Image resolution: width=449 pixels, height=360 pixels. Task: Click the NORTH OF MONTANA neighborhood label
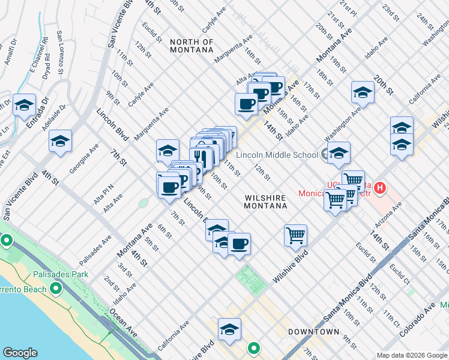[x=191, y=46]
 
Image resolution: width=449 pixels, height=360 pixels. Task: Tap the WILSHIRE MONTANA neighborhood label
[x=265, y=201]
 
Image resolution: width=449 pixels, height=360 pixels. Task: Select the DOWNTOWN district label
[x=314, y=332]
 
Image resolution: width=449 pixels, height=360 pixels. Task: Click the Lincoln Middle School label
[x=277, y=155]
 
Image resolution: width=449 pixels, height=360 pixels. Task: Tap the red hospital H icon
[x=379, y=189]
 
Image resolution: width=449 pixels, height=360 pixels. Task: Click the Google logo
[x=20, y=353]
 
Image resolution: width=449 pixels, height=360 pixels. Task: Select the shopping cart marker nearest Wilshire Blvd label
[x=295, y=235]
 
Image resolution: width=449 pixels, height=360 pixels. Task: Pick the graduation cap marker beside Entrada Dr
[x=24, y=106]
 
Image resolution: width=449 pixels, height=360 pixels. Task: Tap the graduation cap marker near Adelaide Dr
[x=60, y=142]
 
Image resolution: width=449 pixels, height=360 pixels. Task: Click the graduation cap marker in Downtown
[x=229, y=329]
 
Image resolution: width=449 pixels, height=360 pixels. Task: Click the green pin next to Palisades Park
[x=56, y=289]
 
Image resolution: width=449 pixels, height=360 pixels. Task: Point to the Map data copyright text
[x=412, y=355]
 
